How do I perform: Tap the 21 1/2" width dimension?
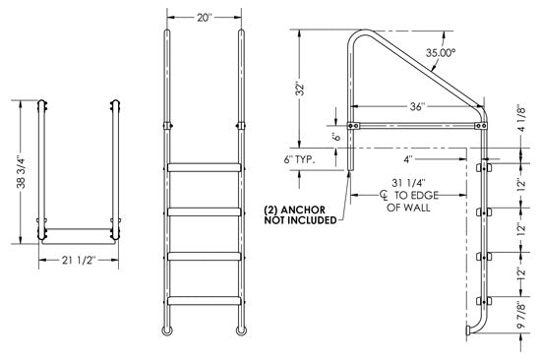(77, 262)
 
